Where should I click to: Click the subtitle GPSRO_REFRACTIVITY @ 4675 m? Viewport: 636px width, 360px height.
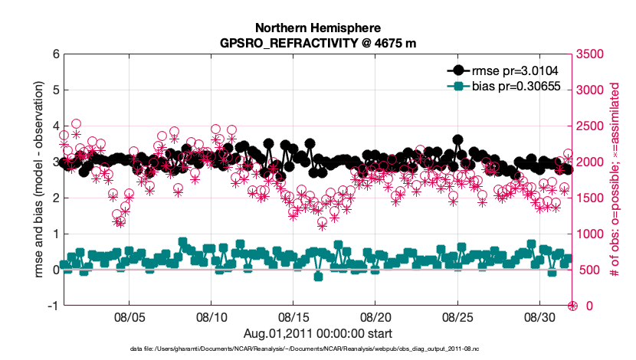pos(317,43)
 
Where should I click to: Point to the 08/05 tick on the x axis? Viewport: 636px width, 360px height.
pos(129,316)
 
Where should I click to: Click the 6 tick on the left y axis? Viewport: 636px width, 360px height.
pos(55,54)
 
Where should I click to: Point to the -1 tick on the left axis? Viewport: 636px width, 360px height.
pos(53,306)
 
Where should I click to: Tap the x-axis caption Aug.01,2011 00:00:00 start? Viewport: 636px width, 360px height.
pos(317,333)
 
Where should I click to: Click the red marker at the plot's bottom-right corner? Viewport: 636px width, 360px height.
pos(572,306)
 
